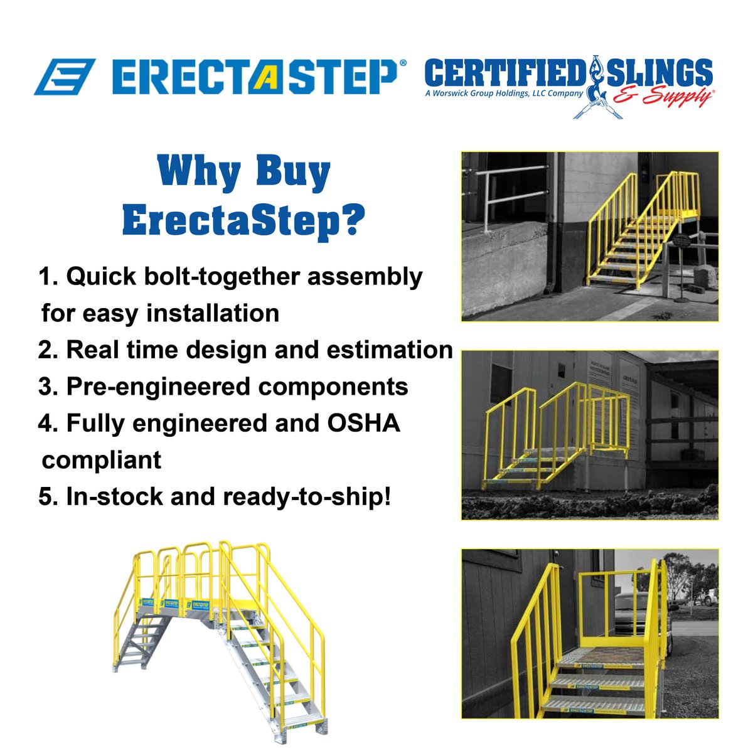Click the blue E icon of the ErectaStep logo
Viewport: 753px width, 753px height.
click(64, 77)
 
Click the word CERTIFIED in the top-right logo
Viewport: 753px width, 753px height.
click(506, 74)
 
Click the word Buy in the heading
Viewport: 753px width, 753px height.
click(292, 173)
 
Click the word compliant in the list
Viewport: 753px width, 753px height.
click(102, 460)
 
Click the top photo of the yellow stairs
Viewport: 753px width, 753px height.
click(590, 237)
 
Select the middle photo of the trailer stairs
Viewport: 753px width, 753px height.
click(590, 435)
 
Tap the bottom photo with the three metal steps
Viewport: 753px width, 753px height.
click(590, 634)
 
